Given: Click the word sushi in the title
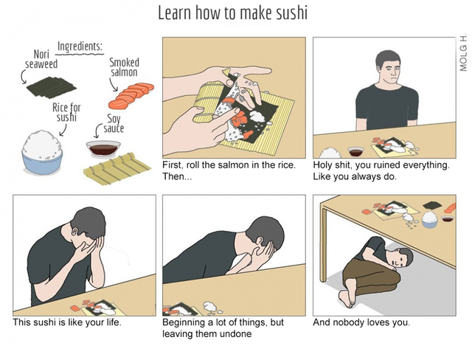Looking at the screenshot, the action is [292, 13].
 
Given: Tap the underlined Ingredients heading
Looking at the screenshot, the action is [80, 46].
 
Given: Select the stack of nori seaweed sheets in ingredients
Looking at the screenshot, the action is [52, 87].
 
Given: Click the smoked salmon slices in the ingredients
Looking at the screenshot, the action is [131, 96].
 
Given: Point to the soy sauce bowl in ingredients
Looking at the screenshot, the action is [103, 148].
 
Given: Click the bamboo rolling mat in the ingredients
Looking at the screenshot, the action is [117, 168].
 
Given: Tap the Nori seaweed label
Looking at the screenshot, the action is [41, 59].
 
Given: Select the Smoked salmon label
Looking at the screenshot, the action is [124, 67].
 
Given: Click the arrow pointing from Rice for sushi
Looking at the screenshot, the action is [63, 131].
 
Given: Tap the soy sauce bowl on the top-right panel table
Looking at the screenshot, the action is [355, 151].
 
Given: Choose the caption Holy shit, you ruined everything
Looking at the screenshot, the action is [381, 165].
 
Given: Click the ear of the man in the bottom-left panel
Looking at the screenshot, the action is [74, 232].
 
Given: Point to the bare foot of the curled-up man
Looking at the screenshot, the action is [346, 298].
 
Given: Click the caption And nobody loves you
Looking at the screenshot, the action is [361, 322].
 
